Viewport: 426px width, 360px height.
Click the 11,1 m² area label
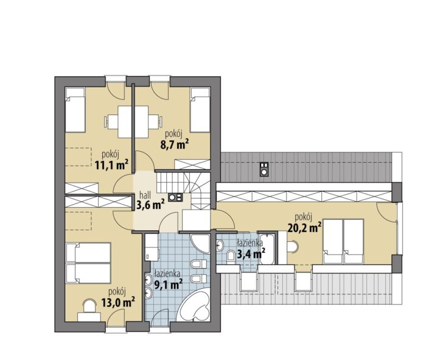point(111,164)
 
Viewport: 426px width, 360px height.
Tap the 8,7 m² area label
point(175,144)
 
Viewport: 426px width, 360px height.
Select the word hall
point(145,195)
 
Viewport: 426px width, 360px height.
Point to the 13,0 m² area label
point(118,302)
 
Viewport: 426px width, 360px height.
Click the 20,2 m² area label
point(304,228)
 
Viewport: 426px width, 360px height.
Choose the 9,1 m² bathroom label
point(168,284)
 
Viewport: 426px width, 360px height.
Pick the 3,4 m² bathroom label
point(251,254)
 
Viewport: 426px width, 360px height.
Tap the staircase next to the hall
point(183,190)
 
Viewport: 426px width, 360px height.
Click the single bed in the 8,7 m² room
point(200,110)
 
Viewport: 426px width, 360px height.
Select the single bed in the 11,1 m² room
point(75,110)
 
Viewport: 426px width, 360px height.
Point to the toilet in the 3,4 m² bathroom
point(231,256)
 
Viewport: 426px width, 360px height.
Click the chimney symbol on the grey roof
point(264,169)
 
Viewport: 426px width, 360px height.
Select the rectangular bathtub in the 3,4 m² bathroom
point(267,249)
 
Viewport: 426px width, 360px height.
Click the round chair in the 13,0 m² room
point(89,306)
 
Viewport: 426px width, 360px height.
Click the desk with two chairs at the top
point(133,122)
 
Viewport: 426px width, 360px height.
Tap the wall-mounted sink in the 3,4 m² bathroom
point(220,246)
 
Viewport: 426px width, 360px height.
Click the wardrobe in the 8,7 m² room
point(192,165)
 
